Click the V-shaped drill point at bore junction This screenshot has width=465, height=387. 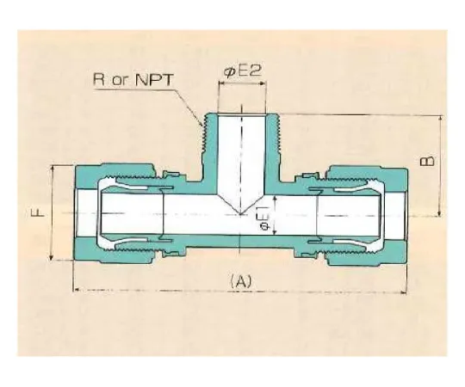(240, 212)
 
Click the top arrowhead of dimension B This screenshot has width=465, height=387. (442, 117)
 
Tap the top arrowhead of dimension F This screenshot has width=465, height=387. (53, 166)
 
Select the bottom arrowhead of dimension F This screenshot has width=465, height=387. (53, 259)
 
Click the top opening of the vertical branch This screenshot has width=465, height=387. (240, 115)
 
